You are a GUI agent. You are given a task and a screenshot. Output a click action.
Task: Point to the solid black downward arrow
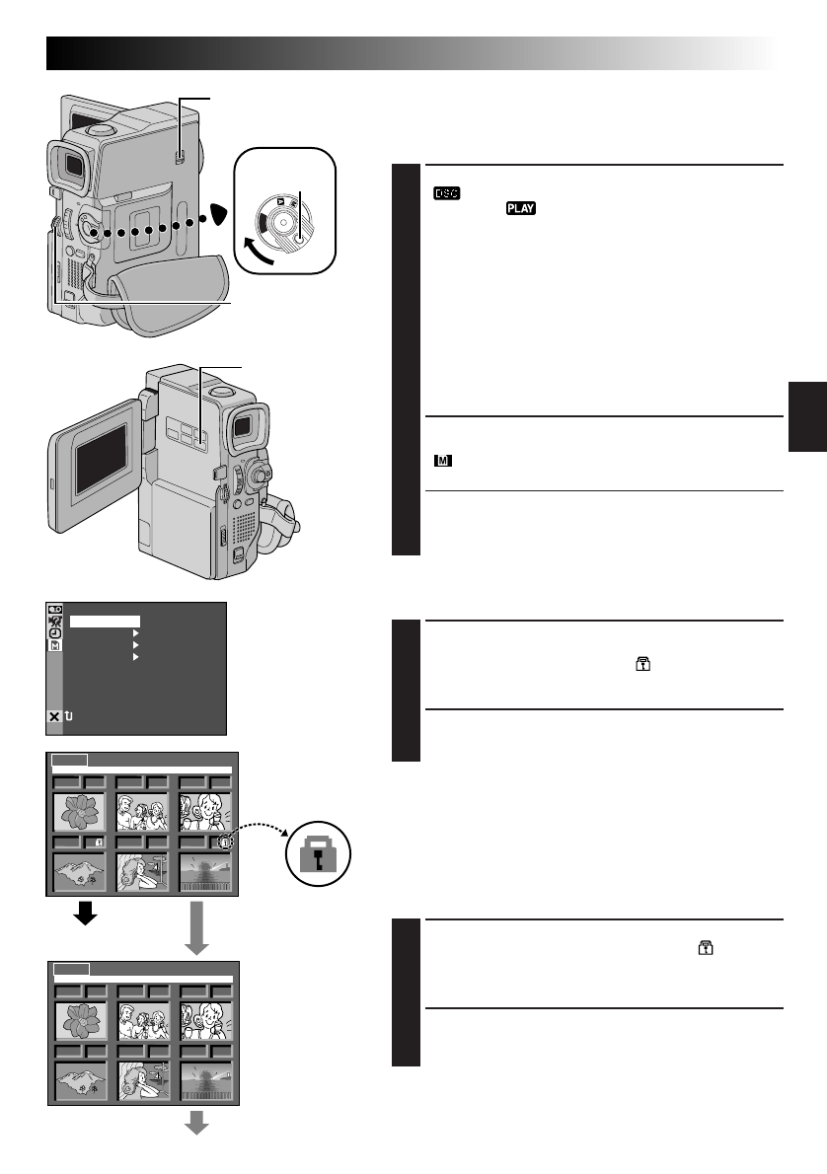[87, 914]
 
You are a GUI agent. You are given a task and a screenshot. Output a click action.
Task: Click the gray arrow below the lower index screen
[197, 1122]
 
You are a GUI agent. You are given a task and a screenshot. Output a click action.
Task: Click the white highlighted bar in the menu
[105, 622]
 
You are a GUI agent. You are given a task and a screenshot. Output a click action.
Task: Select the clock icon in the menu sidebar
[53, 633]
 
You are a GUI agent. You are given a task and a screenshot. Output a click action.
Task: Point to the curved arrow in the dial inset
[244, 249]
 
